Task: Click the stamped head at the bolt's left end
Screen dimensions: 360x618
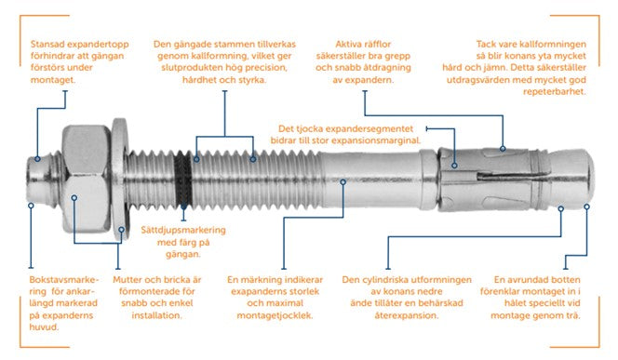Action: pos(39,177)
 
